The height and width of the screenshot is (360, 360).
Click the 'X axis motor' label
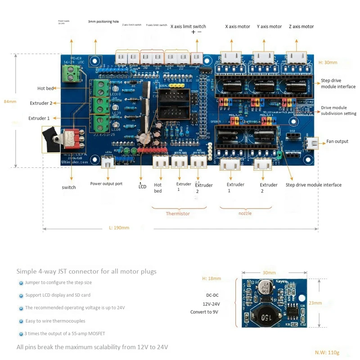click(x=238, y=27)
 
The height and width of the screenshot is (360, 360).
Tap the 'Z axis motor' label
click(x=301, y=27)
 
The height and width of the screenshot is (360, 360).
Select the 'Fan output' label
click(x=337, y=141)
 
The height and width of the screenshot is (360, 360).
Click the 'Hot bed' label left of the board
click(x=46, y=88)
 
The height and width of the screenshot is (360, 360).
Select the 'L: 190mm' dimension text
click(x=119, y=228)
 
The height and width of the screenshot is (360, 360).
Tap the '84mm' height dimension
click(x=9, y=101)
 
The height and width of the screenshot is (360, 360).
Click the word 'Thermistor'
click(x=178, y=213)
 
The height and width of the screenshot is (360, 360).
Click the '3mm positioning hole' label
click(x=103, y=22)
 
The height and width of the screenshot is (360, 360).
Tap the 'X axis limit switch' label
click(x=188, y=27)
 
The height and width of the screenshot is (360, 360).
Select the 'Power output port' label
click(x=106, y=184)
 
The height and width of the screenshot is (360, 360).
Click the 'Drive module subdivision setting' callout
click(x=338, y=111)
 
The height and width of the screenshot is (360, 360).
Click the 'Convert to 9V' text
click(x=205, y=312)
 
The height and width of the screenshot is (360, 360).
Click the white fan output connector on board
click(x=311, y=143)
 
